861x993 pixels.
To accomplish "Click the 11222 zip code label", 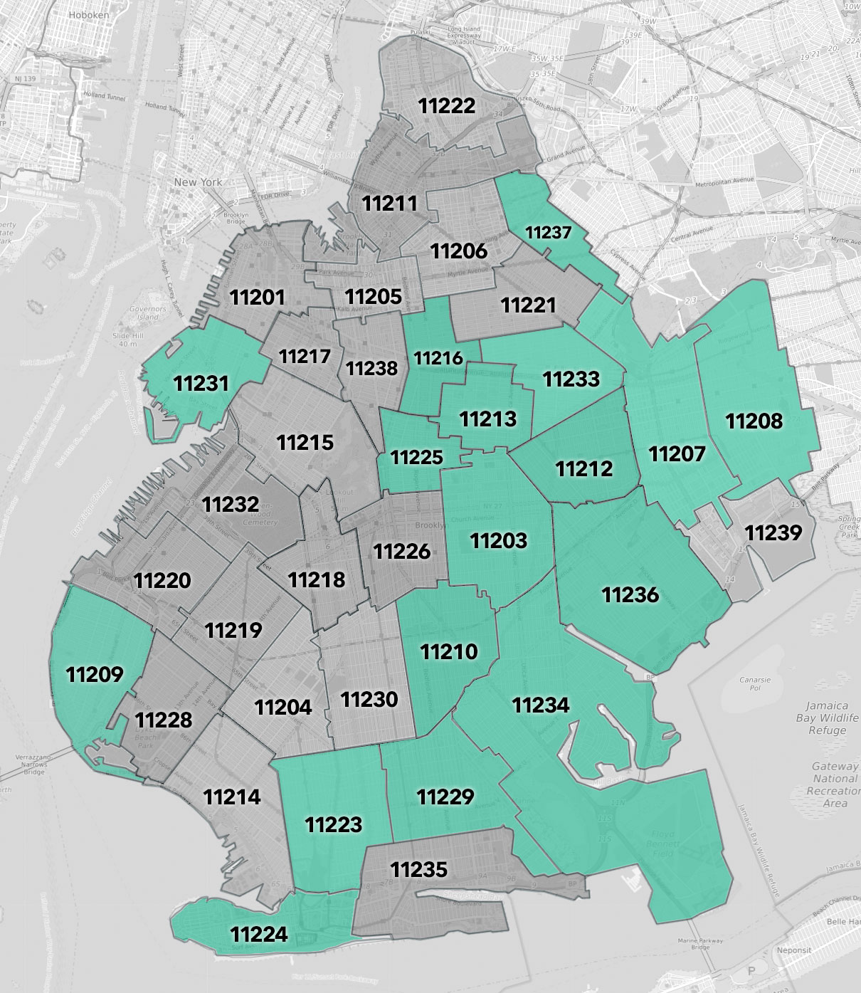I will [446, 106].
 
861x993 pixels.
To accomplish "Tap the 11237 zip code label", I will [549, 232].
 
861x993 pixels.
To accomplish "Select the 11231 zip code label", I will [201, 383].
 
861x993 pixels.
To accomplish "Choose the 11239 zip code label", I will [773, 532].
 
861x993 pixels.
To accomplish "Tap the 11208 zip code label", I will [754, 421].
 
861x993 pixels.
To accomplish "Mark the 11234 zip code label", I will [541, 705].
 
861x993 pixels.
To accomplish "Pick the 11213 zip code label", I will [487, 418].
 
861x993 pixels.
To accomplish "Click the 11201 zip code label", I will [257, 297].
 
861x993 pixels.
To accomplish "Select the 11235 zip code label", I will [419, 868].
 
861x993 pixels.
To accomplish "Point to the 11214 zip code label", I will [232, 797].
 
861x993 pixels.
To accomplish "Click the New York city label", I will [199, 182].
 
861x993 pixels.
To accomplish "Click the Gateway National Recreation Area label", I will [835, 784].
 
